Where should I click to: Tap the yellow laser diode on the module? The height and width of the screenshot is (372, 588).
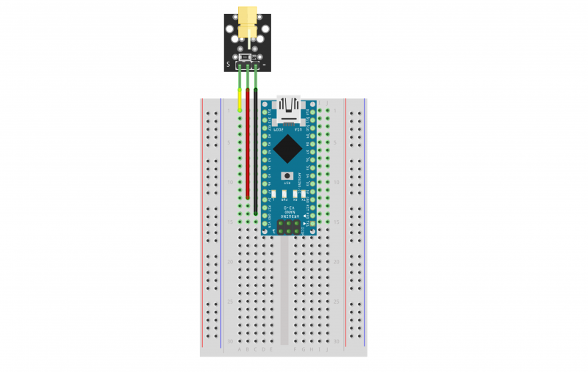pos(247,21)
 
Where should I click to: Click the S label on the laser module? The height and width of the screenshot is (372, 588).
pos(229,65)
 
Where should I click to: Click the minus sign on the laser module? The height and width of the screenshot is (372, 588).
pos(264,65)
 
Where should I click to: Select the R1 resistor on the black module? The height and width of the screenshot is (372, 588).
pos(254,56)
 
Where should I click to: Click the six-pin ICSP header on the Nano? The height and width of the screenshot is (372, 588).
pos(290,229)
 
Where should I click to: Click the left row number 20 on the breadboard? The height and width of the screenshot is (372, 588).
pos(230,261)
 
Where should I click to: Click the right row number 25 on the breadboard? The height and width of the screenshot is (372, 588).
pos(337,301)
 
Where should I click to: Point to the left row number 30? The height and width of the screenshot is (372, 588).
pos(230,341)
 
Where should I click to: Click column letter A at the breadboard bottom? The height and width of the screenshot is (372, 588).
pos(240,349)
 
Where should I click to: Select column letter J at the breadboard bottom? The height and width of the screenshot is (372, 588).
pos(327,349)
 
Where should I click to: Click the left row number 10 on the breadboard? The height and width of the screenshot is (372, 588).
pos(230,182)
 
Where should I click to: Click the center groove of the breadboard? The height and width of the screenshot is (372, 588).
pos(284,293)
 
